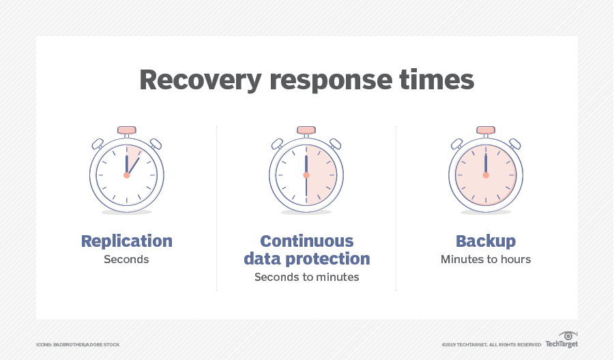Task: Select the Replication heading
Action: (x=127, y=241)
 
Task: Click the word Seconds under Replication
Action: (x=127, y=260)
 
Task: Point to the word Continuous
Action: (x=306, y=241)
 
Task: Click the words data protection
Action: (x=306, y=259)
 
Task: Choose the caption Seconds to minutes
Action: (x=306, y=277)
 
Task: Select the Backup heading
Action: (x=486, y=241)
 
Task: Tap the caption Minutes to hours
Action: (x=486, y=260)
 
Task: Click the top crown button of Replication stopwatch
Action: (x=127, y=130)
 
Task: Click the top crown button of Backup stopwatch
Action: (x=486, y=130)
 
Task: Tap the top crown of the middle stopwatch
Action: (x=306, y=130)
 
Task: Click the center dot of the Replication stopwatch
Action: (x=127, y=175)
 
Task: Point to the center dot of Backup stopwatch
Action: (x=486, y=175)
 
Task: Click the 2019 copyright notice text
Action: (x=491, y=345)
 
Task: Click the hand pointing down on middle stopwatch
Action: (x=306, y=190)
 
